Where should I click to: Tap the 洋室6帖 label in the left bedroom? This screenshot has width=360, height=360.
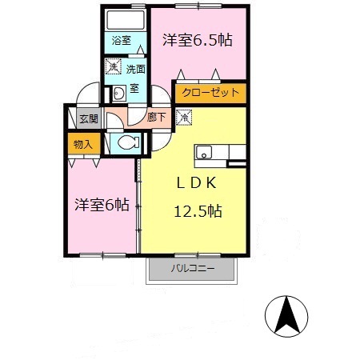point(102,205)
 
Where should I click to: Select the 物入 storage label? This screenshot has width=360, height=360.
point(83,145)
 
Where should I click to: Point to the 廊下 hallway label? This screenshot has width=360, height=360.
point(158,117)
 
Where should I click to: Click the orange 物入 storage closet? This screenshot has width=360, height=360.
point(82,145)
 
